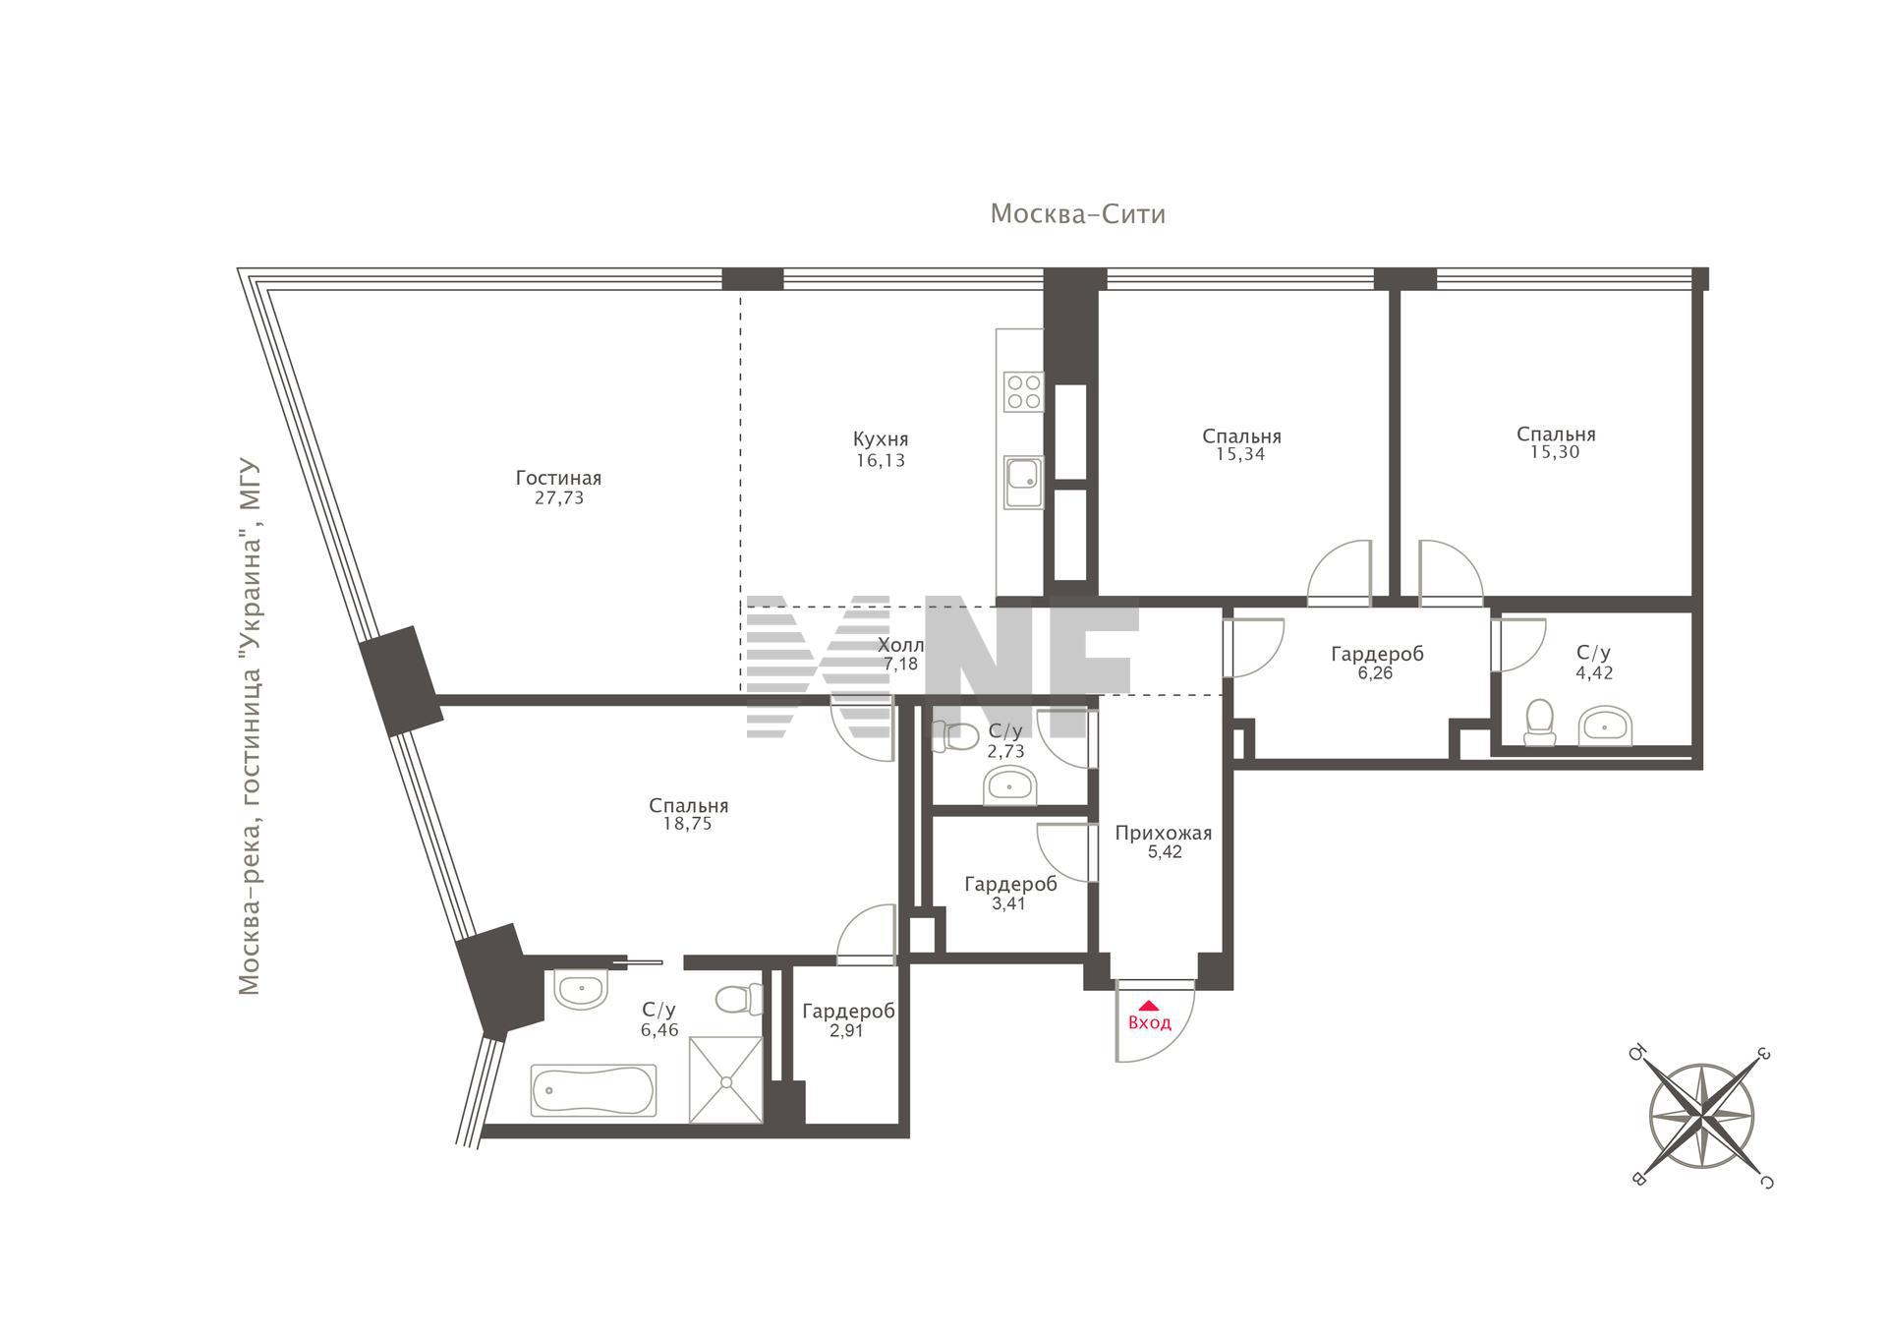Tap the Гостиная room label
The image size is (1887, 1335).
[x=558, y=478]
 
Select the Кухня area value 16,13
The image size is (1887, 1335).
[x=881, y=460]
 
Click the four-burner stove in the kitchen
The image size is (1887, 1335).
[x=1022, y=391]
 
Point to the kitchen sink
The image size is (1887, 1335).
[x=1023, y=483]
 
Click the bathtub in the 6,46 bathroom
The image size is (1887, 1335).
[x=594, y=1090]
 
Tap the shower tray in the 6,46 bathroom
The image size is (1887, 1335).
[x=725, y=1079]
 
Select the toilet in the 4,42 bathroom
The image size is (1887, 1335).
[x=1539, y=723]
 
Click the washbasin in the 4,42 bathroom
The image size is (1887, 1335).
[x=1606, y=726]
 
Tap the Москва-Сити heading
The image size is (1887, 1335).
[x=1077, y=214]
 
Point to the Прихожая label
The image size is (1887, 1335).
[x=1164, y=834]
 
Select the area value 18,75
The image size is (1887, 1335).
[x=687, y=824]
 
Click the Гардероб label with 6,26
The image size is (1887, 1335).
[x=1377, y=654]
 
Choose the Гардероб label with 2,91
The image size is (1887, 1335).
[x=848, y=1012]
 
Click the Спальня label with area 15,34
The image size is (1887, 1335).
[x=1241, y=435]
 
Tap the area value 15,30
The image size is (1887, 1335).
[x=1555, y=452]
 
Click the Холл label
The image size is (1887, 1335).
[x=900, y=645]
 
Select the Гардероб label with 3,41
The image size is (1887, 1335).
[x=1010, y=884]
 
